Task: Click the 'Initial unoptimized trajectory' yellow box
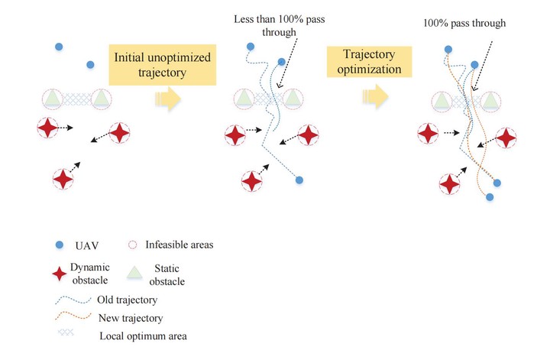pos(163,65)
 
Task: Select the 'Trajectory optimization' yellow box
pos(370,62)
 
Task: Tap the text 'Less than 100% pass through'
pos(280,26)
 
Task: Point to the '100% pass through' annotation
pos(464,23)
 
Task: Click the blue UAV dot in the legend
pos(60,245)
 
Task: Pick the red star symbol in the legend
pos(60,274)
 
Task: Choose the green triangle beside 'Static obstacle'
pos(134,273)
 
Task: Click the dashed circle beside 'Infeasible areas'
pos(132,245)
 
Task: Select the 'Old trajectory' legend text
pos(127,300)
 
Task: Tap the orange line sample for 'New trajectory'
pos(73,316)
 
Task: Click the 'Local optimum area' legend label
pos(143,336)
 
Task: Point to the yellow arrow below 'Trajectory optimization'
pos(375,96)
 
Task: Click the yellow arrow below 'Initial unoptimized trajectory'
pos(168,99)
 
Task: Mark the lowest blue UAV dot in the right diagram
pos(490,197)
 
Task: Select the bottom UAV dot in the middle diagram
pos(299,180)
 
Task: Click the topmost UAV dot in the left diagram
pos(59,47)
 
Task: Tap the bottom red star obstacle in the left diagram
pos(63,179)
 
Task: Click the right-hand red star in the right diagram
pos(506,138)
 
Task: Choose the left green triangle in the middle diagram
pos(244,99)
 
